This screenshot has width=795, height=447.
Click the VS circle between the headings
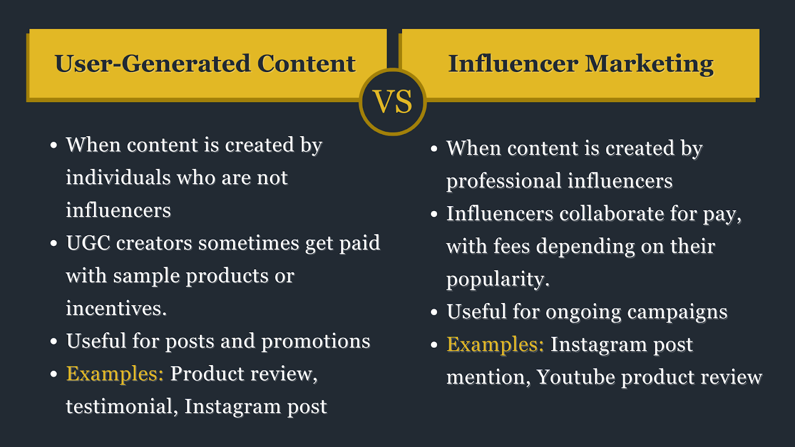(x=393, y=102)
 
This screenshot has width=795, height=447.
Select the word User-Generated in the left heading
(x=153, y=64)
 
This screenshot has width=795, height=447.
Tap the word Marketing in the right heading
(x=649, y=64)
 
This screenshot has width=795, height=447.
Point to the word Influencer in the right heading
(x=513, y=64)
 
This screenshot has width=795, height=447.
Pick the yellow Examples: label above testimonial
(x=115, y=373)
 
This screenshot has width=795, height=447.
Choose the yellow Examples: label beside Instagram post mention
(x=495, y=344)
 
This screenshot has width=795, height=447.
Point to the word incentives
(x=116, y=308)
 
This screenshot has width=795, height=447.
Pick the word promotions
(x=316, y=342)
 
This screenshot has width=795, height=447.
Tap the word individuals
(x=118, y=177)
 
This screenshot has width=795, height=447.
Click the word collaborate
(x=612, y=214)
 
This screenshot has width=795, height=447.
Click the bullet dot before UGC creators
(x=54, y=243)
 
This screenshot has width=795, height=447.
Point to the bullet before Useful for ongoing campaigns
(x=434, y=312)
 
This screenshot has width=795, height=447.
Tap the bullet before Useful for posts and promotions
(x=54, y=341)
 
